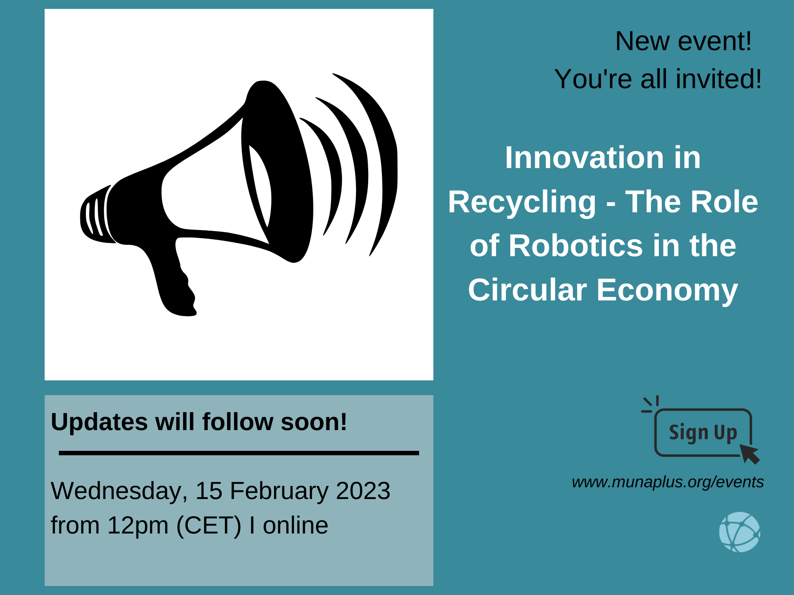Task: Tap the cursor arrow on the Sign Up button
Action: pyautogui.click(x=749, y=454)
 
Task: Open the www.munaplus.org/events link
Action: pyautogui.click(x=668, y=482)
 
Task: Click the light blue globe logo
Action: pyautogui.click(x=739, y=532)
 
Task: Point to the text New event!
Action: pyautogui.click(x=683, y=41)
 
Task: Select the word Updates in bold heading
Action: pyautogui.click(x=100, y=423)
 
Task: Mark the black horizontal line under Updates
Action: pyautogui.click(x=239, y=453)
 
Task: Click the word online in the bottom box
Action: pyautogui.click(x=295, y=525)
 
